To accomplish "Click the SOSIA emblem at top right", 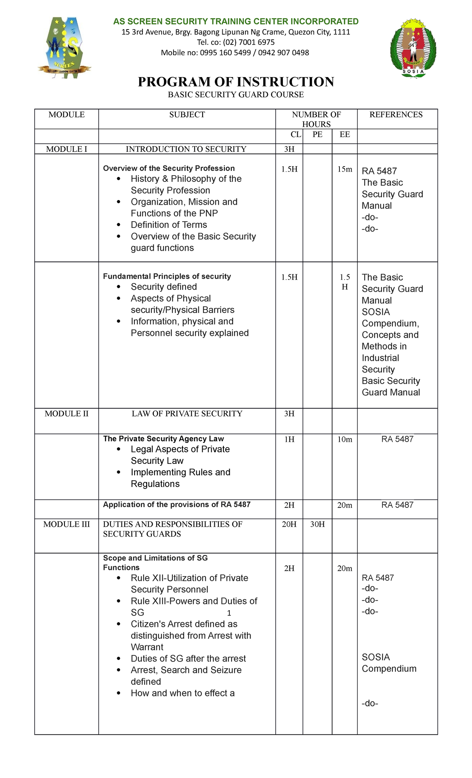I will [413, 48].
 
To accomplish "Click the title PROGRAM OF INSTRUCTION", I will [236, 82].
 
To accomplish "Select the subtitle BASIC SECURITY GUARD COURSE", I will [236, 94].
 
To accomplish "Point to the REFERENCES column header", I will [396, 115].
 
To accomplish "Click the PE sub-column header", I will [317, 135].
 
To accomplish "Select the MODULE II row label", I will [66, 414].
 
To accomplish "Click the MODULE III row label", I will [66, 524].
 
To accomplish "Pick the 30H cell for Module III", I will [317, 524].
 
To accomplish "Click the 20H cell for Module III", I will [289, 524].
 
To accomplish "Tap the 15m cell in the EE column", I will [345, 169].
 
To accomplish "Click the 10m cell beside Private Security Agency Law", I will [345, 439].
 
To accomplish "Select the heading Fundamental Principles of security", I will [167, 276].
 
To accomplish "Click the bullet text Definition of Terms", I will [169, 225].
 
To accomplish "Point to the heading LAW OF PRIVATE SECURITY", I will [187, 414].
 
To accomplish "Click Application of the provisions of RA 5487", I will [177, 505].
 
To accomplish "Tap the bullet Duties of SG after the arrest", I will [188, 659].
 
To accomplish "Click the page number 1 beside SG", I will [229, 613].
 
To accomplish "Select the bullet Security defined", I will [164, 287].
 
